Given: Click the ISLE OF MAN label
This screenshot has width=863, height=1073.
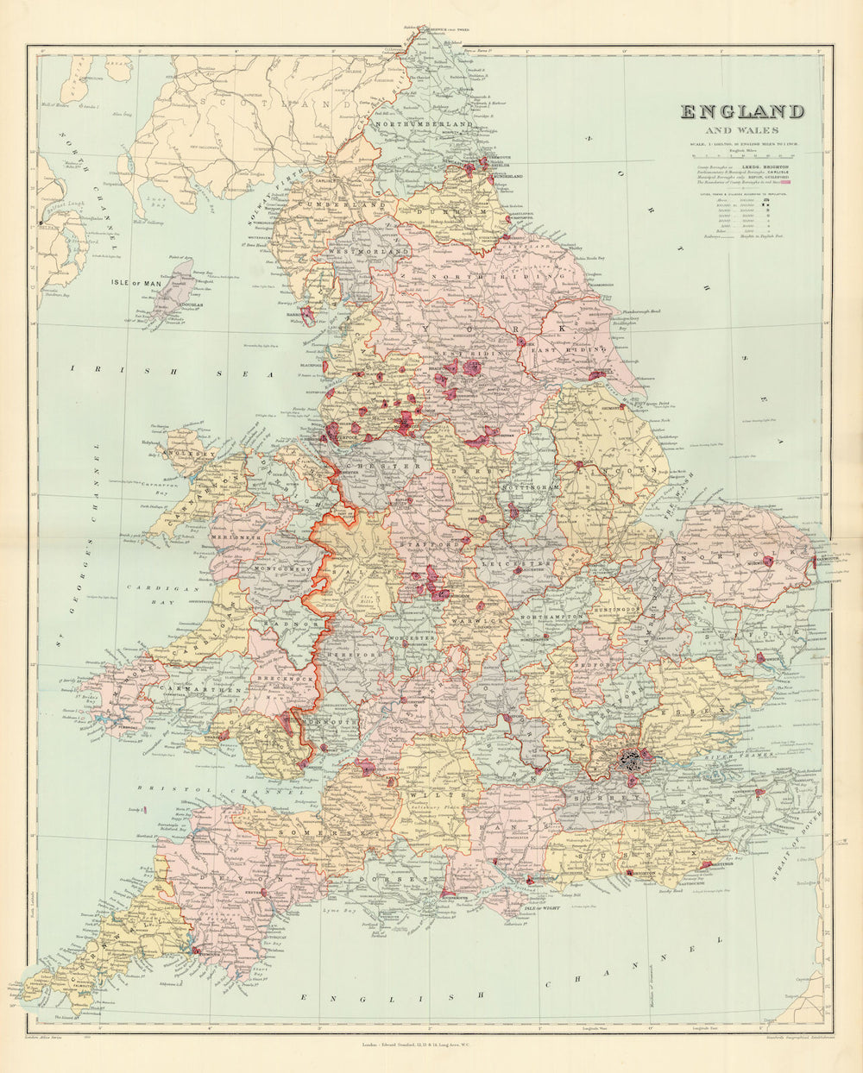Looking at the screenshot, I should click(136, 282).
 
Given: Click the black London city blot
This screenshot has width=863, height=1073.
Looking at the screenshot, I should click(633, 760).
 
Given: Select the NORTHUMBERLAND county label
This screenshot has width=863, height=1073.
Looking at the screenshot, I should click(424, 125).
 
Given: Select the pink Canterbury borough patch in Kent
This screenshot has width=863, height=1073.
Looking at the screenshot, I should click(759, 791).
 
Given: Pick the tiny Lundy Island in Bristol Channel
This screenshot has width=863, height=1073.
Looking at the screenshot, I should click(145, 810).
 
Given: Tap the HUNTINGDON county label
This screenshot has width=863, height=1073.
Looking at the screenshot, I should click(614, 609).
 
